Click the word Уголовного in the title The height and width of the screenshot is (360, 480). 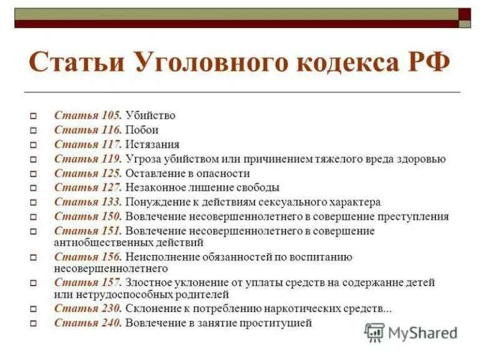click(210, 64)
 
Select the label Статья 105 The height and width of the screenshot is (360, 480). click(87, 116)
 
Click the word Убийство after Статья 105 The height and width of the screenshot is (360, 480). click(150, 116)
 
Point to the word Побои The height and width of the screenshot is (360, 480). click(142, 130)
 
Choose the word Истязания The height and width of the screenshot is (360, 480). click(152, 144)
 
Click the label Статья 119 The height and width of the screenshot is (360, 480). click(87, 159)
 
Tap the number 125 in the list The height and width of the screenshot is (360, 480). click(110, 173)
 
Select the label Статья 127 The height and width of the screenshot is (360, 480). click(87, 187)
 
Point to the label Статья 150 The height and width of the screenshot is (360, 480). click(87, 216)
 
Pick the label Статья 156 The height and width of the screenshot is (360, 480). click(87, 257)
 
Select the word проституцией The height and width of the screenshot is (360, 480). click(276, 322)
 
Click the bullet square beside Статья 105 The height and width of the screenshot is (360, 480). click(34, 116)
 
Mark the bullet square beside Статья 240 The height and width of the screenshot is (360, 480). click(34, 323)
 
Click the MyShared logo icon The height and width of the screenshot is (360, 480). click(374, 332)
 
